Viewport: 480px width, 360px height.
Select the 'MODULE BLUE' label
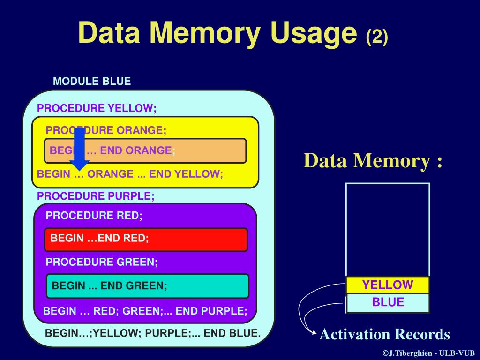click(x=92, y=81)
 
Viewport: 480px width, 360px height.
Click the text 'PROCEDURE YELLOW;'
click(x=97, y=108)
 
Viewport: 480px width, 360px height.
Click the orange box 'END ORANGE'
click(x=145, y=150)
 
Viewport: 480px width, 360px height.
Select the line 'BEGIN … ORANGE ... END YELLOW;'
click(x=130, y=174)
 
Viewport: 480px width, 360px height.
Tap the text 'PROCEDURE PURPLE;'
click(x=96, y=196)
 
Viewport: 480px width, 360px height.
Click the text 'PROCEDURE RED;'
click(x=94, y=216)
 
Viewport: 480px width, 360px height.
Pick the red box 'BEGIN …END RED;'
click(x=146, y=239)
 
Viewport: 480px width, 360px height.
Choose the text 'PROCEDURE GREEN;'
click(x=102, y=262)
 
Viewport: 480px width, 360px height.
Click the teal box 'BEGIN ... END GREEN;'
click(x=147, y=285)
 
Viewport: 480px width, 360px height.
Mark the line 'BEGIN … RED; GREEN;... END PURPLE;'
click(x=145, y=311)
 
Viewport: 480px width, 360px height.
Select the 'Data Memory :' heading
click(x=373, y=161)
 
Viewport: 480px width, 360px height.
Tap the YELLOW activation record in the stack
click(x=388, y=285)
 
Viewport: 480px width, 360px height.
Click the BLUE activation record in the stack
click(x=388, y=302)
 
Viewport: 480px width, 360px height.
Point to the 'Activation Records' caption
click(x=384, y=334)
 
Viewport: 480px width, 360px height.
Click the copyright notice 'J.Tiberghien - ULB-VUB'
click(x=428, y=353)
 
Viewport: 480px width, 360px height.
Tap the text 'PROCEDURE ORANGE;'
click(x=106, y=130)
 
